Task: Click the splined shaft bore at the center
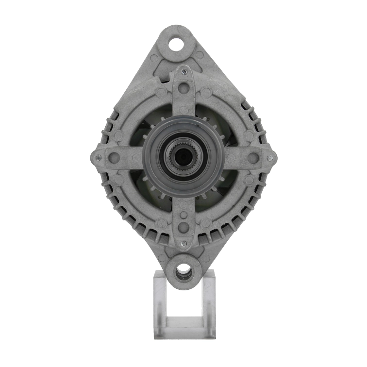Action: (183, 156)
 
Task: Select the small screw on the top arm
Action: (184, 72)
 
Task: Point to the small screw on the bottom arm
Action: (183, 243)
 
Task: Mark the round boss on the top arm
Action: (183, 88)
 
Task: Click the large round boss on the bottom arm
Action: (183, 227)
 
